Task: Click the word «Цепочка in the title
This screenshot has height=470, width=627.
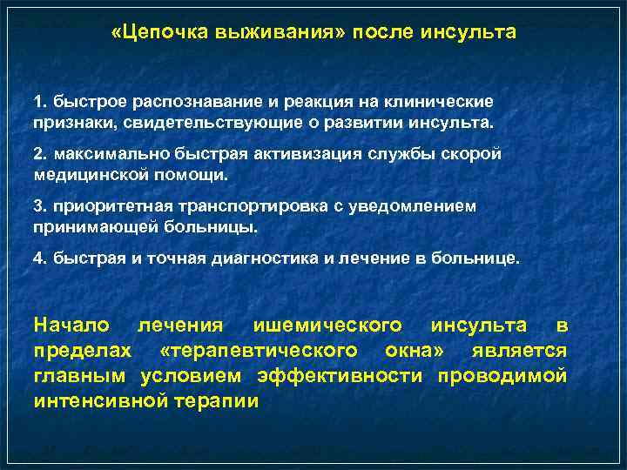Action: [153, 33]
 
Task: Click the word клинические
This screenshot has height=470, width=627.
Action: [446, 103]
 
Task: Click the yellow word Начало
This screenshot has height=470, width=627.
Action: [71, 326]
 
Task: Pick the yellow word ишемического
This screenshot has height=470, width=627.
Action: [327, 326]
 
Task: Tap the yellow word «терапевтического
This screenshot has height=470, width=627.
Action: [259, 351]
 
